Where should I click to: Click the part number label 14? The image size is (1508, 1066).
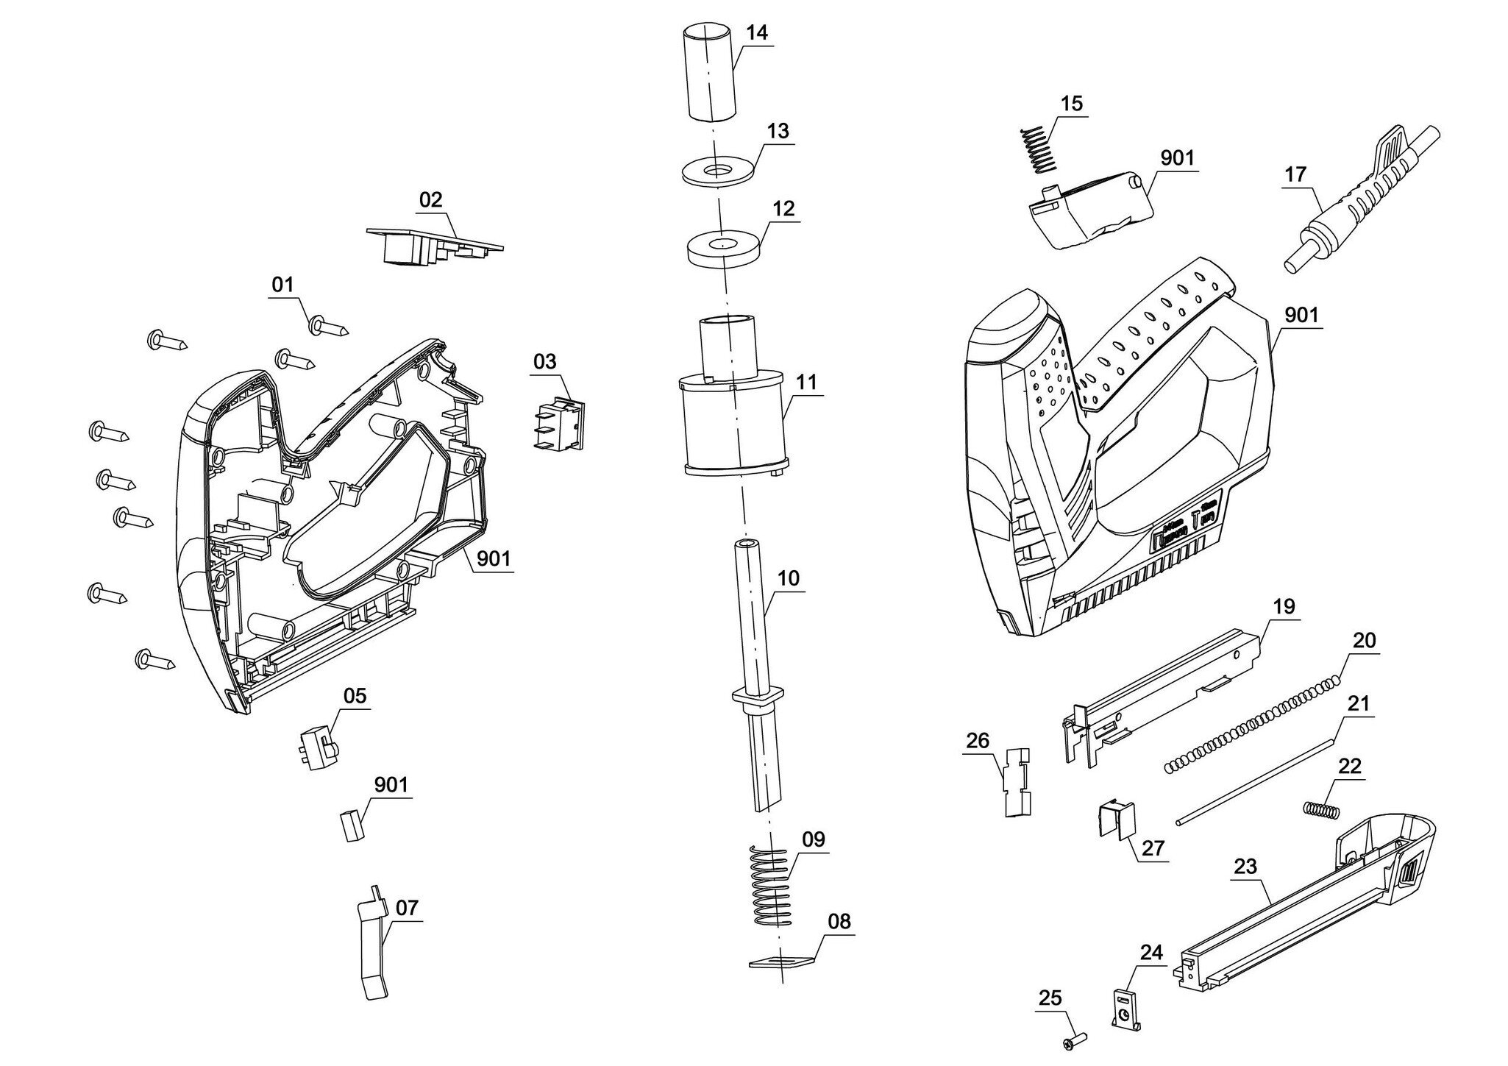pos(756,33)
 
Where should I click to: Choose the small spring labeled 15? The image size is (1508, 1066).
pos(1037,151)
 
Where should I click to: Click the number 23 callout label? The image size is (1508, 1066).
pos(1245,867)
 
